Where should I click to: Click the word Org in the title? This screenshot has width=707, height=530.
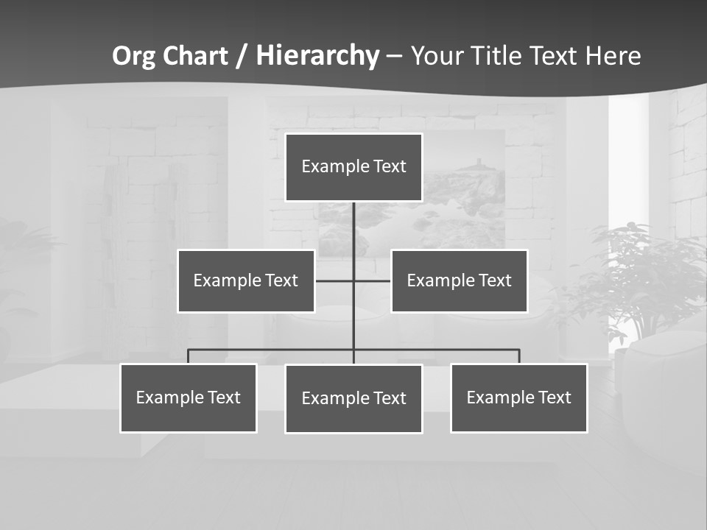(133, 56)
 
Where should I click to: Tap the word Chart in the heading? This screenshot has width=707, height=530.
(194, 56)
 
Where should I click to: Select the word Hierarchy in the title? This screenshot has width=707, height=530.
(317, 56)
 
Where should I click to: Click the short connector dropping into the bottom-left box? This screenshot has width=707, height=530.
(188, 356)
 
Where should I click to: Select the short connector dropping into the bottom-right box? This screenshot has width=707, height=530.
(519, 356)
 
